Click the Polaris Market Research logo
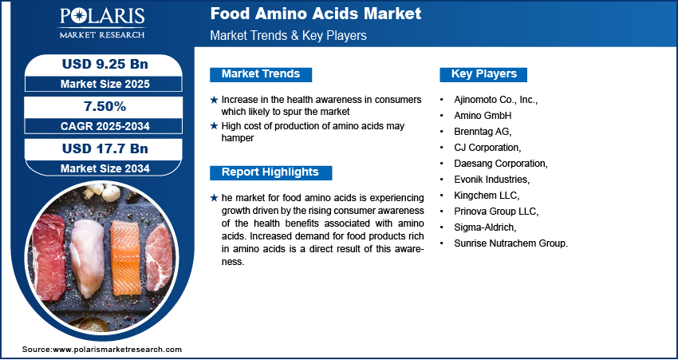102,23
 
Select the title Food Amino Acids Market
316,14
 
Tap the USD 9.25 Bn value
105,64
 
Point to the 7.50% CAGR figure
105,106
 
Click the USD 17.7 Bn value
105,148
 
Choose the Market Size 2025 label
105,84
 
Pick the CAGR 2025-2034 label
105,126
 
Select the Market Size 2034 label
105,168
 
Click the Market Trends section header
261,74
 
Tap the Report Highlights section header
270,172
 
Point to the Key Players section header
484,74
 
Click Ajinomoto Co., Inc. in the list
495,100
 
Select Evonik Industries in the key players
491,179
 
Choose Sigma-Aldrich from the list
485,227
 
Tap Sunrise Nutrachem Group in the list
510,243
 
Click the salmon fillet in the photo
125,258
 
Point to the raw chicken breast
89,258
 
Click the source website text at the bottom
102,349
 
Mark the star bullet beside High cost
214,126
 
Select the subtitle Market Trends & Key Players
289,35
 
